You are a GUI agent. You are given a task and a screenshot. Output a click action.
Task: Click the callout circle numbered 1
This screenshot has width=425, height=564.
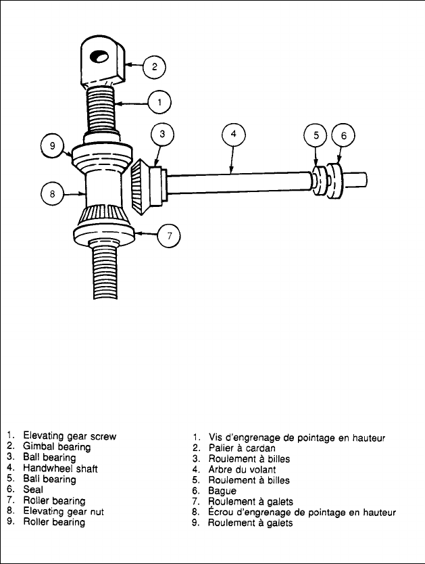[x=159, y=103]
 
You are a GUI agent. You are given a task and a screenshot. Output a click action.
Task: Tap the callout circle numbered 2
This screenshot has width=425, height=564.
[x=155, y=66]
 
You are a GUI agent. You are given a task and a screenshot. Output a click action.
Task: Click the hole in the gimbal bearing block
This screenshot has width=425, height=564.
[x=99, y=57]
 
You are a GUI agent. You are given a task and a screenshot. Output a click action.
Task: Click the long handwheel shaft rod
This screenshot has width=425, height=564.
[x=236, y=182]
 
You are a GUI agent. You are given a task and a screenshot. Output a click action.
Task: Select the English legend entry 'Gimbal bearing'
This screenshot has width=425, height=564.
[x=57, y=446]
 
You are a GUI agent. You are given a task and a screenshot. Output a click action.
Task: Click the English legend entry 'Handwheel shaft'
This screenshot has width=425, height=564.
[x=59, y=468]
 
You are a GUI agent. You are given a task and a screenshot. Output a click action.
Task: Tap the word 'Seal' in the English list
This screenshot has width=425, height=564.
[x=33, y=490]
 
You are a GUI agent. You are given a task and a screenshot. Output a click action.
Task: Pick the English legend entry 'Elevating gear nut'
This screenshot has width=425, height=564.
[x=64, y=512]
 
